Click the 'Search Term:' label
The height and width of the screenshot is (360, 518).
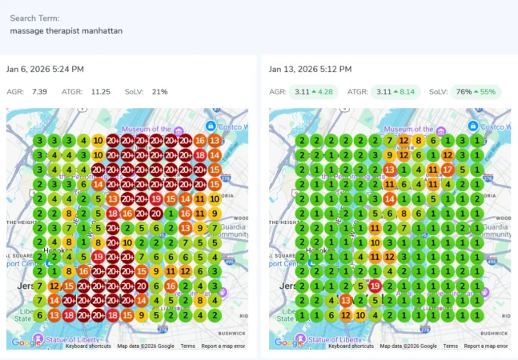point(34,18)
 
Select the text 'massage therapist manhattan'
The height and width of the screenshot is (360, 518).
point(66,30)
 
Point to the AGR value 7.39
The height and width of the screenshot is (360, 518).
point(39,92)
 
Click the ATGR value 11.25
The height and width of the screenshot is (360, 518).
point(100,92)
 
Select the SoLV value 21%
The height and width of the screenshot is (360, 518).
point(159,92)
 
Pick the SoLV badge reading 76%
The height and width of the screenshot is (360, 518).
point(475,92)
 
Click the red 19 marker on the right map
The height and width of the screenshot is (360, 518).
point(375,286)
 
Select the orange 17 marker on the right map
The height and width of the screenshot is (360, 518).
point(448,170)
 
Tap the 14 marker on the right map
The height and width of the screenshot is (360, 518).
point(390,198)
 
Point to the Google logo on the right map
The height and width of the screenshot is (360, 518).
point(285,342)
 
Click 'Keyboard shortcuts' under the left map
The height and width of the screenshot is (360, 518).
point(88,346)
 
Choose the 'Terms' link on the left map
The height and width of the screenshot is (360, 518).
point(187,346)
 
